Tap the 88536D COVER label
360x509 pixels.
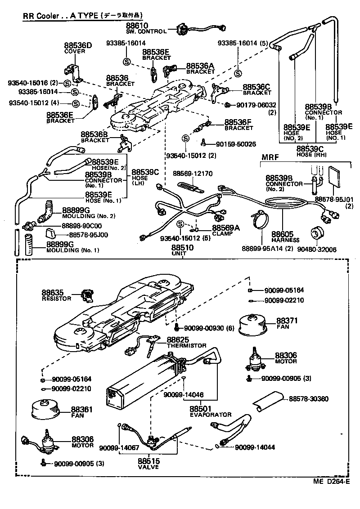[x=77, y=48]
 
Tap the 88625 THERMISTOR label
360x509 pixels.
[x=186, y=342]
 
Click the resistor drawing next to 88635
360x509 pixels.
[x=88, y=295]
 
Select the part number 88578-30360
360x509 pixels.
[x=308, y=398]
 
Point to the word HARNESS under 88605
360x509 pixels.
[x=282, y=240]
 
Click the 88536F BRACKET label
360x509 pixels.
[x=239, y=125]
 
